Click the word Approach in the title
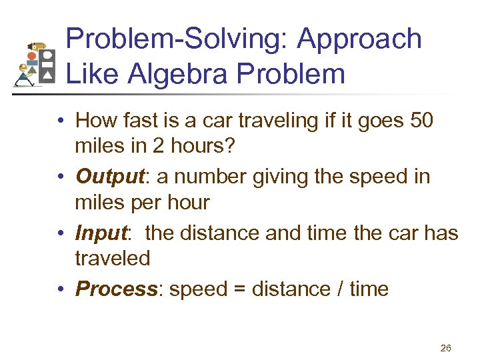click(359, 40)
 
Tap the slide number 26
click(446, 347)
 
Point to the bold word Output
click(108, 177)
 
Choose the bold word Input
click(101, 233)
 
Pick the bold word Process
click(116, 289)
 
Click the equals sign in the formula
click(244, 289)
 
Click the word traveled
click(113, 258)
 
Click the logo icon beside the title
click(35, 65)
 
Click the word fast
click(139, 121)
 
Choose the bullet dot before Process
click(60, 289)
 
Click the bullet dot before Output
click(60, 177)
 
